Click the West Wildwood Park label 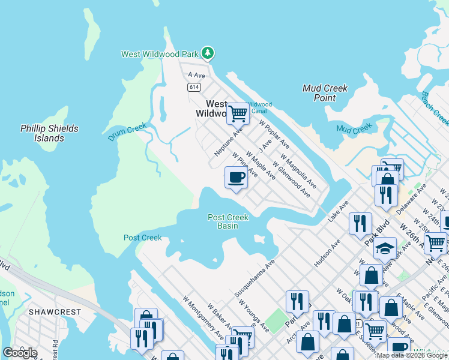[160, 54]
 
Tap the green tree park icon [208, 53]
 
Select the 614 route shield [193, 87]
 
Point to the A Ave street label [196, 75]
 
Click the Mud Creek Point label [325, 93]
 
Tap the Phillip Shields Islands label [49, 133]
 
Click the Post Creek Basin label [228, 221]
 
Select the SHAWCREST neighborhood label [50, 312]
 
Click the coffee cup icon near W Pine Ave [236, 178]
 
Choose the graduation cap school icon [385, 247]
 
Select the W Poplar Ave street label [274, 134]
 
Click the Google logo [20, 352]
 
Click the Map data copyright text [412, 355]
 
